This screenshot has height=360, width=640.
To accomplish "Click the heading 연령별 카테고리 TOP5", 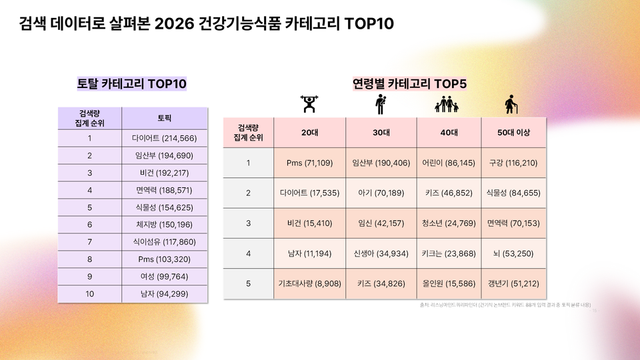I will coord(409,84).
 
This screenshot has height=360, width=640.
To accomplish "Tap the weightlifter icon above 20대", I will coord(310,105).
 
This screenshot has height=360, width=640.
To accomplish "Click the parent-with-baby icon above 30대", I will coord(380,105).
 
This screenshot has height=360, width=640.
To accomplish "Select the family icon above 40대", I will coord(446,105).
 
